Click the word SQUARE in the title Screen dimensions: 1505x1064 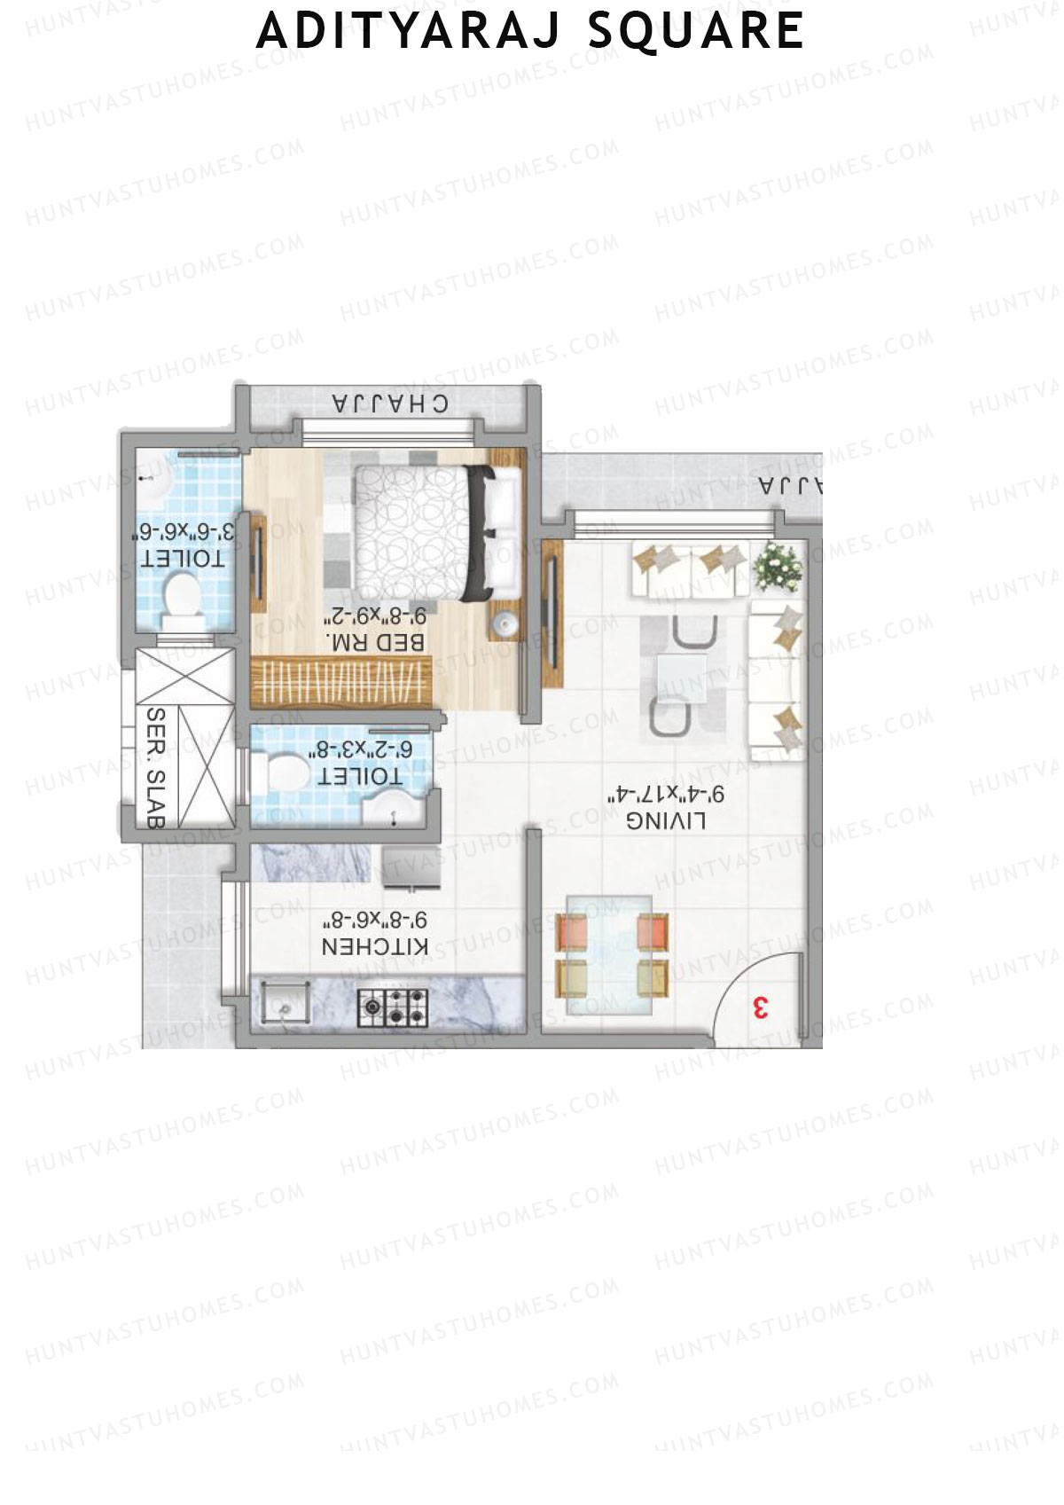click(x=696, y=32)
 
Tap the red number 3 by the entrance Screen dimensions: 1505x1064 click(x=760, y=1008)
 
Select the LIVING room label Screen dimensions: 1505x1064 click(x=666, y=821)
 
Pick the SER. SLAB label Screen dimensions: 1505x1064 click(x=155, y=768)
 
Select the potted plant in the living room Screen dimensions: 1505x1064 click(x=778, y=566)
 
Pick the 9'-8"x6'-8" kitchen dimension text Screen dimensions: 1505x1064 click(x=375, y=920)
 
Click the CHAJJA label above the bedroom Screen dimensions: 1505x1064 click(x=390, y=404)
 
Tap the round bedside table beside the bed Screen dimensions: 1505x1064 click(x=505, y=623)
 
